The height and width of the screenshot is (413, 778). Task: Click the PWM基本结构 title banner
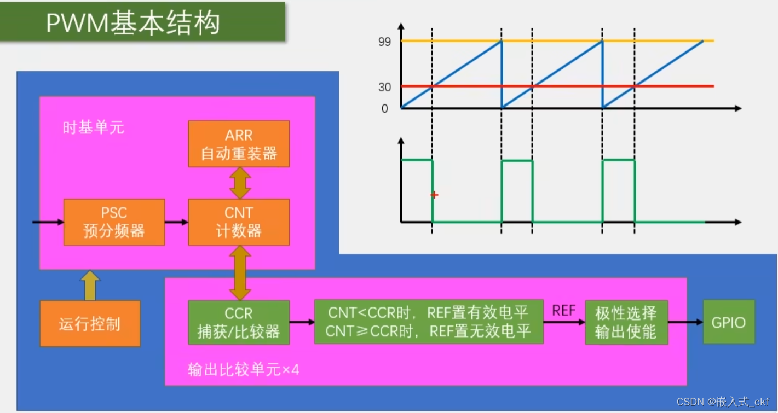[x=142, y=22]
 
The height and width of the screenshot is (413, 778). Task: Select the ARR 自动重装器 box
[x=239, y=144]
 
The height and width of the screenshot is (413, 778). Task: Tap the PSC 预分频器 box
[x=114, y=222]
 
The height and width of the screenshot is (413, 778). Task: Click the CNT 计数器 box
[x=239, y=222]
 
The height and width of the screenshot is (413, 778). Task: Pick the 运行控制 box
[x=90, y=323]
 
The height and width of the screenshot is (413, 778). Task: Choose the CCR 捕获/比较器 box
[x=239, y=322]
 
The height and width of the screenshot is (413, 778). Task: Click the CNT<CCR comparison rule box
[x=429, y=322]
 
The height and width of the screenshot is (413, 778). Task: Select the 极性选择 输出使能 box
[x=626, y=322]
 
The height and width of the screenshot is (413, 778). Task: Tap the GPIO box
[x=728, y=322]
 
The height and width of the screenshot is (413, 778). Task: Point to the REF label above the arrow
[x=564, y=311]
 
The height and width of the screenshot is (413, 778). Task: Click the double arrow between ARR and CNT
[x=240, y=183]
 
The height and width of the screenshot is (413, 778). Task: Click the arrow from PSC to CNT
[x=176, y=222]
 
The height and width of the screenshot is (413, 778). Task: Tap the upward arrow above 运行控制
[x=89, y=285]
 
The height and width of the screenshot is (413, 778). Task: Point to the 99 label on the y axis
[x=384, y=42]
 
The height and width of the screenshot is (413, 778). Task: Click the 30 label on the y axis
[x=384, y=87]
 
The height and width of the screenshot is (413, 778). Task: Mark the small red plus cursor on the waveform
[x=434, y=195]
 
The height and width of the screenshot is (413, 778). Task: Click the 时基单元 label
[x=94, y=128]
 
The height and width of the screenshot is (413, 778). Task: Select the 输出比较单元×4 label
[x=244, y=370]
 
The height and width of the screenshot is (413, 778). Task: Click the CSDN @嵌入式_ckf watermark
[x=723, y=402]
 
